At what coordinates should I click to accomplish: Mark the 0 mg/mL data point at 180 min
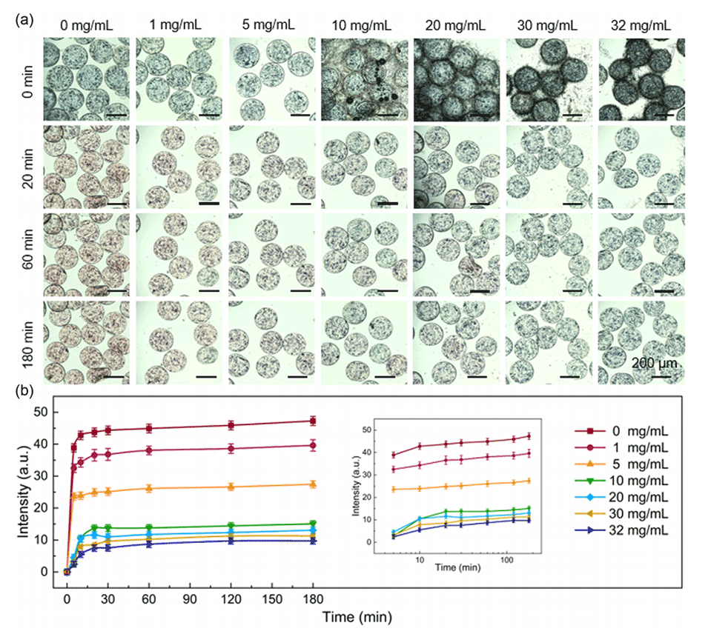[313, 421]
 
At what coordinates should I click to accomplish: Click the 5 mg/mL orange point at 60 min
[149, 488]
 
